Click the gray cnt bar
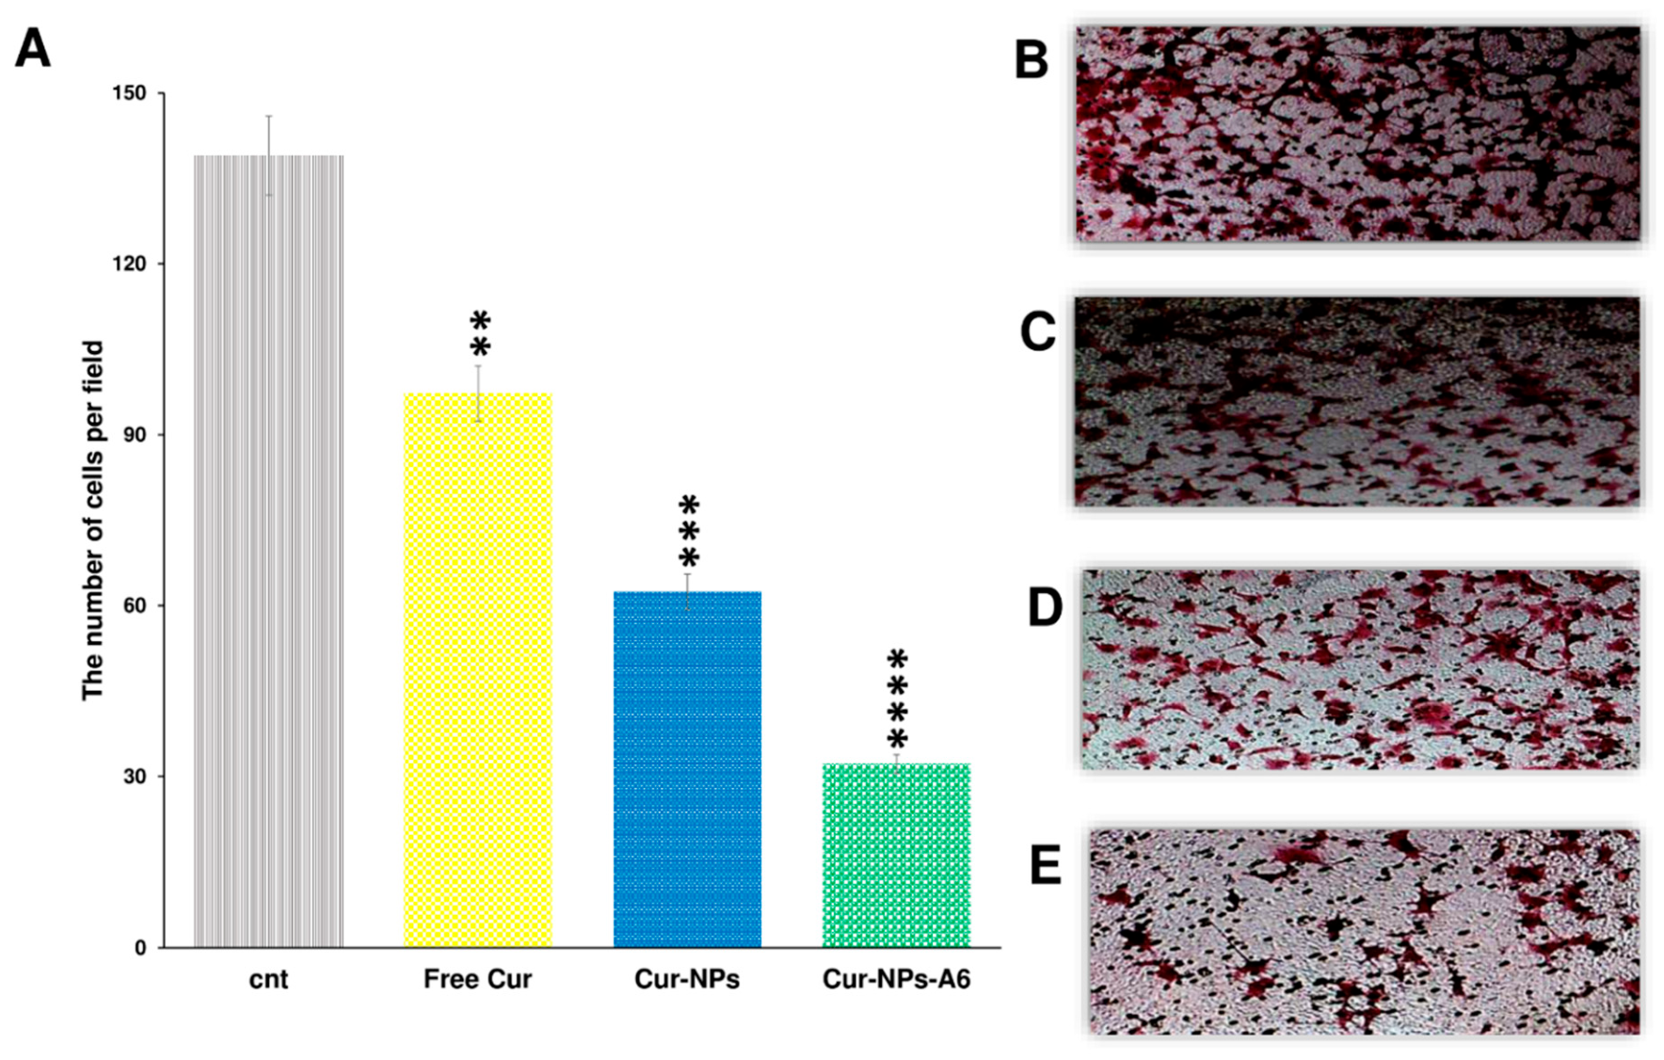tap(268, 551)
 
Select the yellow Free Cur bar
tap(477, 669)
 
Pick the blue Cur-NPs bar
tap(687, 768)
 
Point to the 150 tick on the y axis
tap(129, 93)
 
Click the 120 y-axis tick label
tap(129, 265)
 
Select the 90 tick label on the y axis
tap(135, 435)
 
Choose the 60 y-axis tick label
tap(135, 605)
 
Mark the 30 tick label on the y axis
tap(135, 777)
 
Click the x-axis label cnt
tap(268, 979)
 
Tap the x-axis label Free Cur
tap(477, 979)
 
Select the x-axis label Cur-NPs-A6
tap(896, 979)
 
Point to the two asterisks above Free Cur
tap(479, 334)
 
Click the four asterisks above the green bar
tap(897, 699)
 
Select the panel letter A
tap(33, 47)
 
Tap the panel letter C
tap(1037, 331)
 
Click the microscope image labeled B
tap(1357, 133)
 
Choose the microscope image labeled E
tap(1364, 931)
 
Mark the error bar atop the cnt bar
tap(269, 155)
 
